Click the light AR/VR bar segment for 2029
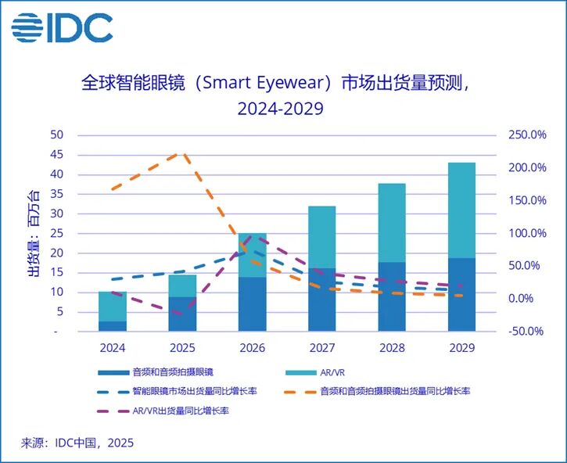point(462,210)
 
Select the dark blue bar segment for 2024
point(113,326)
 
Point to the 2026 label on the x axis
point(253,346)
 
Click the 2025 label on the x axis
point(182,346)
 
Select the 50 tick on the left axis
point(56,135)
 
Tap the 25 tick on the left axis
point(56,233)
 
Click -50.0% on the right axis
point(525,331)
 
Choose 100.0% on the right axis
point(525,233)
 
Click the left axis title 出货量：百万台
point(34,233)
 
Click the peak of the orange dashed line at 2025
point(181,153)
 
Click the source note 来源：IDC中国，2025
point(77,443)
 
